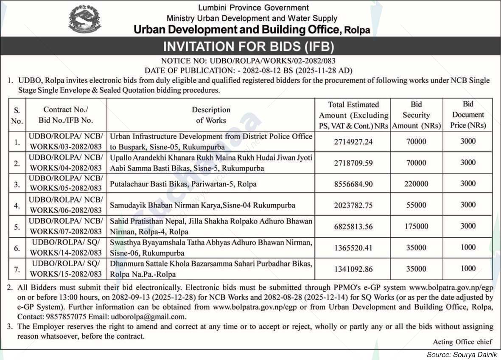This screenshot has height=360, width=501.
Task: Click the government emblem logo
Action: (x=85, y=19)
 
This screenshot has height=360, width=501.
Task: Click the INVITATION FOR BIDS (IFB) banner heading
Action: (x=249, y=46)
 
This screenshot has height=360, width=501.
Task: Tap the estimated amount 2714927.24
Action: (x=353, y=142)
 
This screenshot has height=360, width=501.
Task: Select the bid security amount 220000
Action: (x=416, y=184)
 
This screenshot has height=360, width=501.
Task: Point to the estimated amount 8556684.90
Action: (x=353, y=184)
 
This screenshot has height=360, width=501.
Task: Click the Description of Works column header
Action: (x=211, y=115)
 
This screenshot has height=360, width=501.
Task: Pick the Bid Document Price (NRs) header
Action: (x=468, y=115)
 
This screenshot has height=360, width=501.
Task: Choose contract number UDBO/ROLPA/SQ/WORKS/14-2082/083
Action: (x=66, y=248)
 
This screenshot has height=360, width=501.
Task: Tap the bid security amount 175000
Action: (x=416, y=226)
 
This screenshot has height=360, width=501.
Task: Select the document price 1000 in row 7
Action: (x=468, y=268)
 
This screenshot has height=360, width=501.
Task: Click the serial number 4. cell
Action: (x=17, y=205)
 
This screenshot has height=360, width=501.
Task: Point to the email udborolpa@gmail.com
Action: (x=148, y=316)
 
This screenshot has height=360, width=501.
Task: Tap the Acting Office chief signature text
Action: (x=462, y=342)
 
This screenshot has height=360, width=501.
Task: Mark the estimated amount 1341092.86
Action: (x=353, y=269)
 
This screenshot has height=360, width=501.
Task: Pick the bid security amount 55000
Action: (x=416, y=205)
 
